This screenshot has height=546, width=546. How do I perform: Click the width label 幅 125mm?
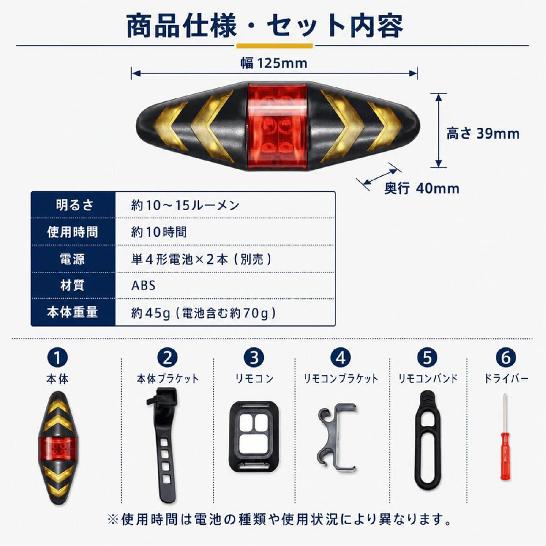tap(274, 63)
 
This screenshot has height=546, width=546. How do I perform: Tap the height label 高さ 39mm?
tap(483, 133)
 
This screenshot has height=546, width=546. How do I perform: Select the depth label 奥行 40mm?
tap(422, 188)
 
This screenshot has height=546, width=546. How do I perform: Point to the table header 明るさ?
tap(74, 205)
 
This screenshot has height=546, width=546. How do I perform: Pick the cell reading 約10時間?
tap(159, 232)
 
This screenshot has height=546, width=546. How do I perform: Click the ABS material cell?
tap(143, 286)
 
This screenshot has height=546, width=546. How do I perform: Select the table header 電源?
tap(73, 259)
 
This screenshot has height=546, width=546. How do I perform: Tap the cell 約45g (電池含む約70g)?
tap(203, 313)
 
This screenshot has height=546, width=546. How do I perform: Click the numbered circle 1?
tap(58, 358)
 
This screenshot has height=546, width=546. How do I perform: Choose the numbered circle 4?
tap(341, 358)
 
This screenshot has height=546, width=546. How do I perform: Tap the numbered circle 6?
tap(506, 358)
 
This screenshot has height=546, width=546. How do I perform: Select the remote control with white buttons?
tap(254, 436)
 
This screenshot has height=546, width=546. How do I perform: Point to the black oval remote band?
tap(428, 440)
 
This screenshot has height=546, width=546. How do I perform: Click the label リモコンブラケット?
tap(341, 378)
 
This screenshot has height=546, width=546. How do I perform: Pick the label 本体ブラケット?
tap(168, 378)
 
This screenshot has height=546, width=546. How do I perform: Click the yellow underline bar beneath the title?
tap(275, 46)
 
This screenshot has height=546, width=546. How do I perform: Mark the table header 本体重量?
tap(73, 312)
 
